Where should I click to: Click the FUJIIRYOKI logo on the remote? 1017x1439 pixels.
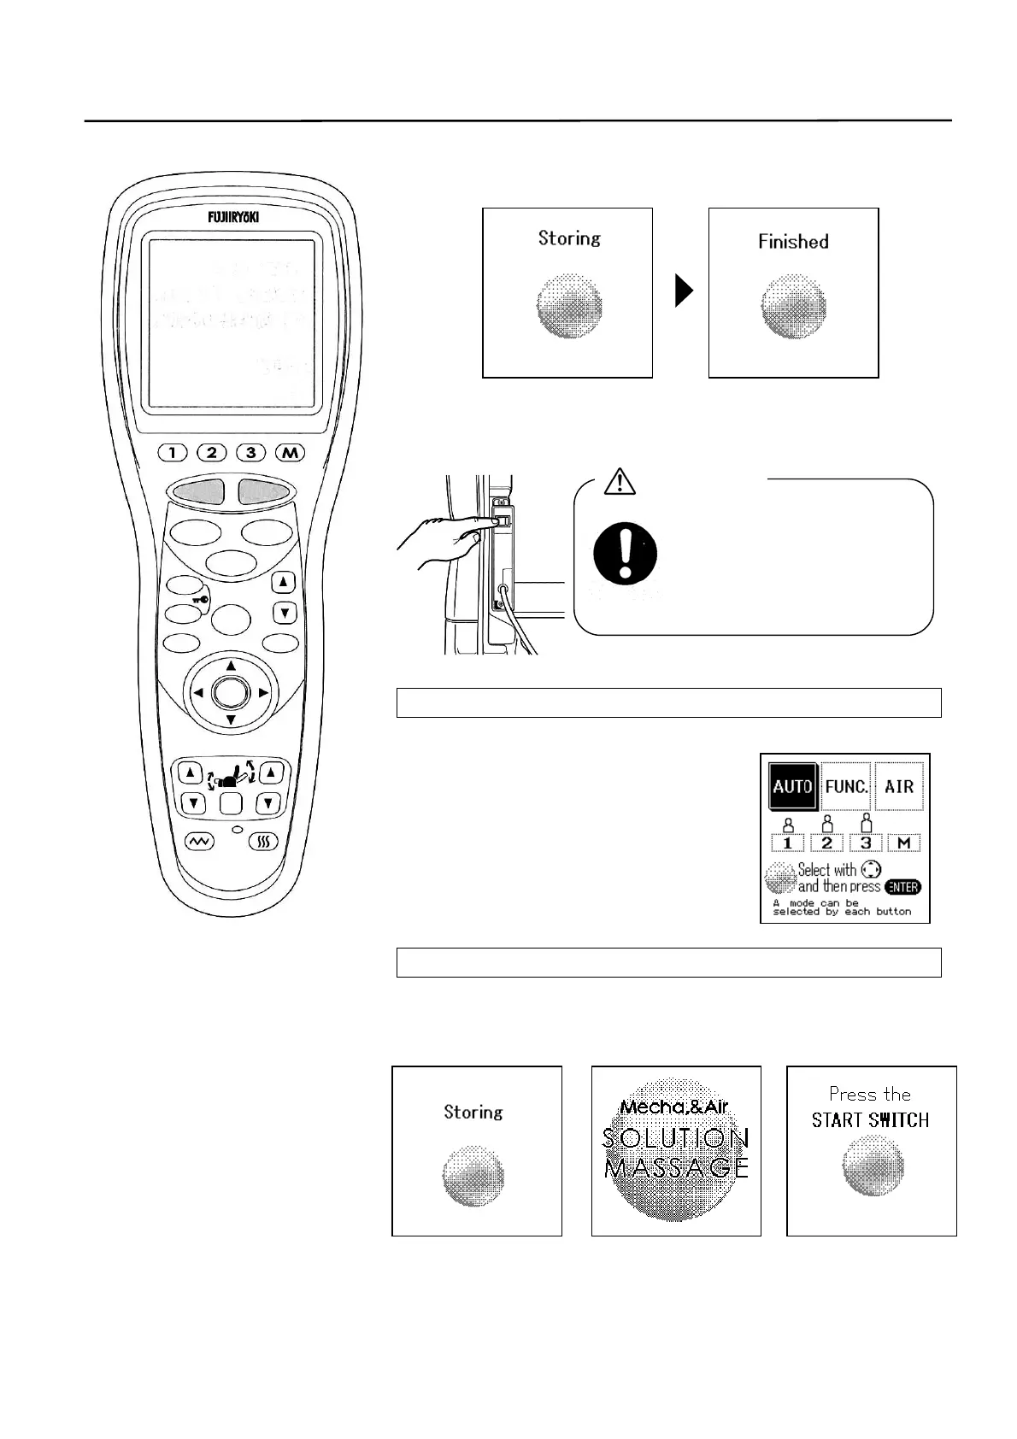[231, 217]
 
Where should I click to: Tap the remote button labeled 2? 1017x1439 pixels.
[211, 452]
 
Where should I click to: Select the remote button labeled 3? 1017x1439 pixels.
[250, 452]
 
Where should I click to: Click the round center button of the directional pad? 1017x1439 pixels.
[230, 692]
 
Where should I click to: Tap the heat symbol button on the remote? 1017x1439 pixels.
[264, 843]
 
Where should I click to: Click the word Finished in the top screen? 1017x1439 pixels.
[793, 242]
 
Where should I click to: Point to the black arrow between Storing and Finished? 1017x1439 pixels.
[683, 291]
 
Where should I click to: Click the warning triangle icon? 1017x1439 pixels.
[619, 482]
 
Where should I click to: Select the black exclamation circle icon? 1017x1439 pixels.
[626, 551]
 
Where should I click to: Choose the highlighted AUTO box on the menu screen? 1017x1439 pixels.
[792, 786]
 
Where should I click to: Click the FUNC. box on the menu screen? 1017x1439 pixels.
[846, 786]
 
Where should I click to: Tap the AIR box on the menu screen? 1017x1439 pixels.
[899, 786]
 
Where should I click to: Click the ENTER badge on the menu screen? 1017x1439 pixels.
[902, 887]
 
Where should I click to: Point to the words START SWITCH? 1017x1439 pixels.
[870, 1119]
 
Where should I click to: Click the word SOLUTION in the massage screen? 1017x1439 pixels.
[676, 1138]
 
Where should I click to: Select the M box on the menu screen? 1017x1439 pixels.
[903, 843]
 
